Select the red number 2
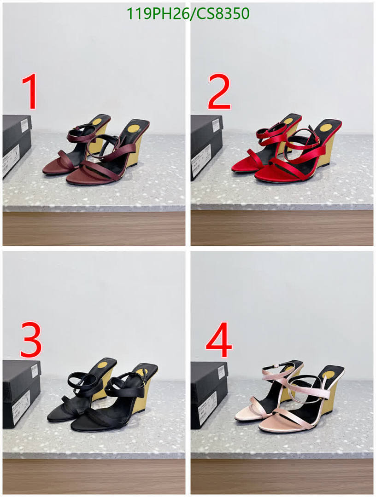219,93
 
